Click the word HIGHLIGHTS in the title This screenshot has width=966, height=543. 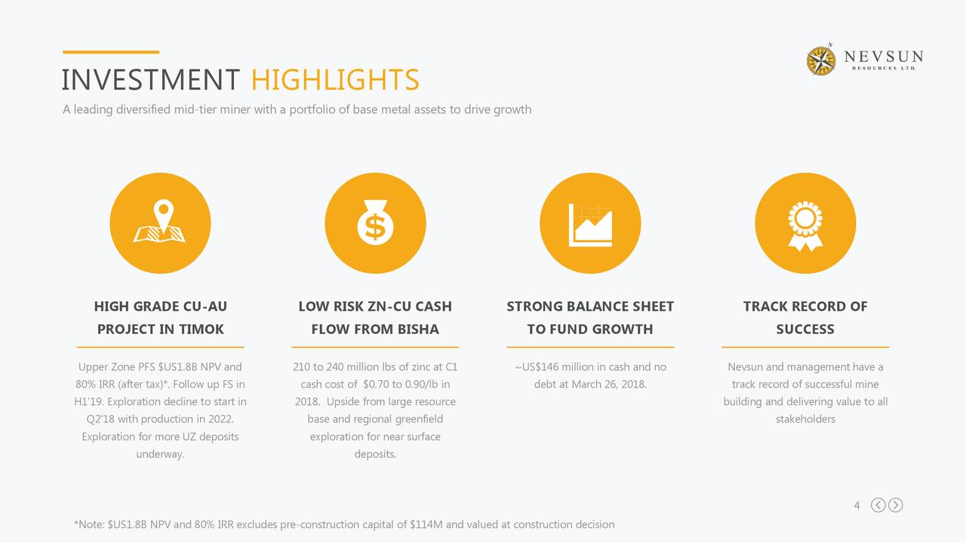click(x=335, y=80)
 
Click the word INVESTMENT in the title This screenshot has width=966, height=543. click(x=150, y=80)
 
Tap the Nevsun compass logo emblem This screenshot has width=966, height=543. click(x=821, y=60)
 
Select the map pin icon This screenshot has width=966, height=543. click(x=160, y=221)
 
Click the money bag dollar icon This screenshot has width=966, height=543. click(x=375, y=222)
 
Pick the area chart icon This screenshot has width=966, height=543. click(x=590, y=225)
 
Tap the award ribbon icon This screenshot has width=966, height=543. click(x=805, y=225)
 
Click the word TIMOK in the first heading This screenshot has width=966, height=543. click(x=202, y=330)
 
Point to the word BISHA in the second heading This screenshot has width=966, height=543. click(x=418, y=330)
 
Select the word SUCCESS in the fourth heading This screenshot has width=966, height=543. click(x=805, y=330)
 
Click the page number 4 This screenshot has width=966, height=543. click(x=857, y=505)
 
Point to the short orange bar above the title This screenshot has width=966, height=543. click(x=111, y=52)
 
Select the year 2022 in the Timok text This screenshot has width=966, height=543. click(x=221, y=419)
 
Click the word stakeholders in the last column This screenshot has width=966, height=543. click(x=805, y=419)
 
